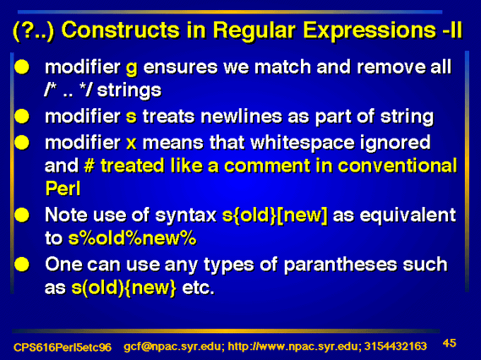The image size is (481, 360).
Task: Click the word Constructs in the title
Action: [120, 30]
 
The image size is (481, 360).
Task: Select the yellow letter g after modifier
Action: [132, 68]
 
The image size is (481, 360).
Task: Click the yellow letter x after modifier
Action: [131, 143]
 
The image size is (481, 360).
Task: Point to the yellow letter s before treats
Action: [131, 117]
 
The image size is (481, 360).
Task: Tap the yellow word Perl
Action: [63, 188]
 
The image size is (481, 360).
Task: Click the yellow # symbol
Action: [89, 166]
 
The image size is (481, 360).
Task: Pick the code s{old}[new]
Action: [275, 215]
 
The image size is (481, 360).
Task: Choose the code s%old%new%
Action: [132, 238]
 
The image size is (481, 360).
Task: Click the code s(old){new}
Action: [124, 288]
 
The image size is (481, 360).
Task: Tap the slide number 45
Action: [450, 343]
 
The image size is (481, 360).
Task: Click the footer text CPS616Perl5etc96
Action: [63, 347]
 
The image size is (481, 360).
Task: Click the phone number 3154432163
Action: [396, 346]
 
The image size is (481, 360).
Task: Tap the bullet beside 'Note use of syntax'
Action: [22, 215]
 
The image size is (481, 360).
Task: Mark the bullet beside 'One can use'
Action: [22, 265]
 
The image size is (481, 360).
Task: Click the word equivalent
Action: [407, 215]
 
